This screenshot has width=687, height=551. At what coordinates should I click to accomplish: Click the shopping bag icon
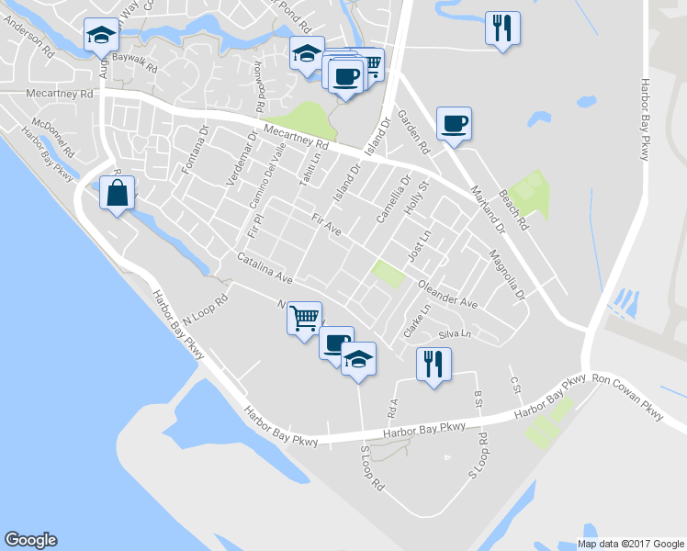pos(117,194)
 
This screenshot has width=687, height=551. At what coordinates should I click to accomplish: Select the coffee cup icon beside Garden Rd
pos(454,123)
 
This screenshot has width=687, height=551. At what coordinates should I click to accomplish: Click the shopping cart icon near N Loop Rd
pos(304,319)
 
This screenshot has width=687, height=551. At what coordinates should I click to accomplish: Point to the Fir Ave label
pos(326,225)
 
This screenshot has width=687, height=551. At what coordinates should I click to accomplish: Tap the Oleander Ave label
pos(448,294)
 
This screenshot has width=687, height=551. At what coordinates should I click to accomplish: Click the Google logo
pos(30,540)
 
